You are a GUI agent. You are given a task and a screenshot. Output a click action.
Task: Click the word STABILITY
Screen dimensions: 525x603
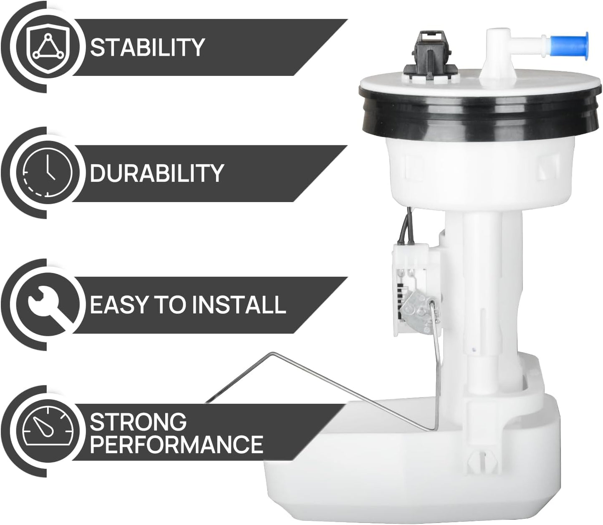[x=147, y=47]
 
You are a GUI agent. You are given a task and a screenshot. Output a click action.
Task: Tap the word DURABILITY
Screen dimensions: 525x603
[x=156, y=173]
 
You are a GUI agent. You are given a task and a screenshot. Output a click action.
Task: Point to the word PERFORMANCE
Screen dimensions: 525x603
[x=176, y=444]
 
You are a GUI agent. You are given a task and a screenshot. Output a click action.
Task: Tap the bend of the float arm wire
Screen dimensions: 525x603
[x=272, y=355]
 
